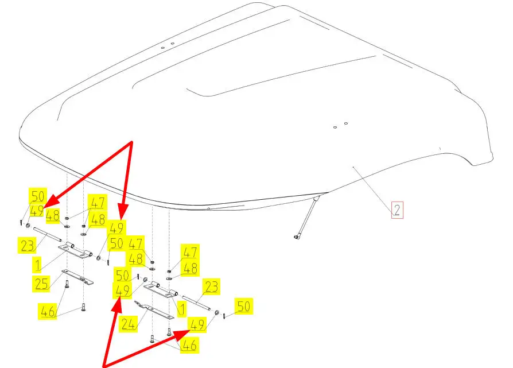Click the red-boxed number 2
(397, 210)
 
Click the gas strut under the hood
(307, 217)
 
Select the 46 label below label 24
(189, 345)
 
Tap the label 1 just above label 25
(37, 265)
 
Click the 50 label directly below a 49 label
(116, 244)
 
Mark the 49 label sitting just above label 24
(122, 291)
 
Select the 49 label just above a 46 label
(197, 326)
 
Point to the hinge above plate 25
(76, 251)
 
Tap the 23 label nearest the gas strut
(211, 286)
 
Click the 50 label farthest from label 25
(244, 307)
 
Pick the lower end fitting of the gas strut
(297, 235)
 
